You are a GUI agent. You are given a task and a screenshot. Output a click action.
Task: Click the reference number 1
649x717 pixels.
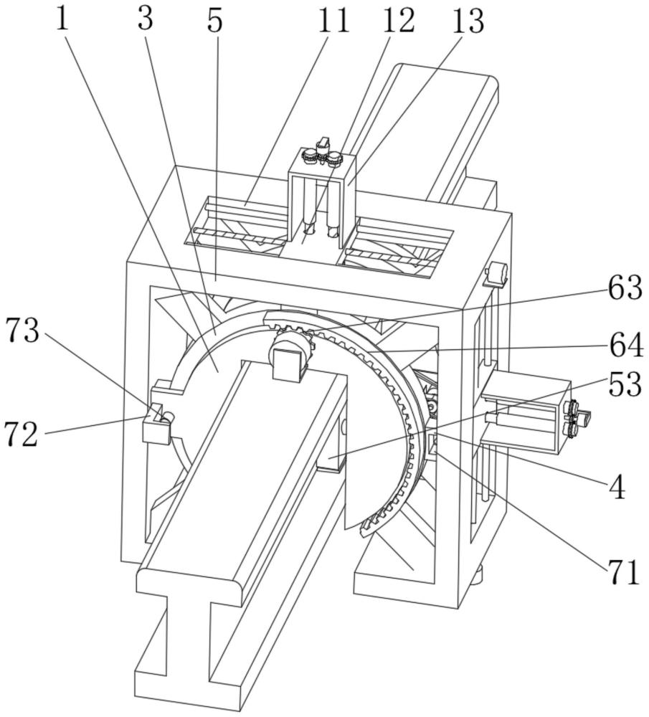click(x=63, y=19)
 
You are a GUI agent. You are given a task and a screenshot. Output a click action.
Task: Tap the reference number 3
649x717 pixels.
click(x=146, y=19)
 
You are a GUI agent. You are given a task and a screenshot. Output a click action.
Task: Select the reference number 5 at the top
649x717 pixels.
click(x=214, y=22)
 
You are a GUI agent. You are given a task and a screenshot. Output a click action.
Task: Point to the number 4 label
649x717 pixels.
click(x=616, y=488)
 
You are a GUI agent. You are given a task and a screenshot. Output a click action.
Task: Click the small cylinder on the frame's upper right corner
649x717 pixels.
click(x=496, y=275)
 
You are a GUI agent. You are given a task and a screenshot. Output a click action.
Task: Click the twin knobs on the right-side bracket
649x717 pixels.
click(x=574, y=418)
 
